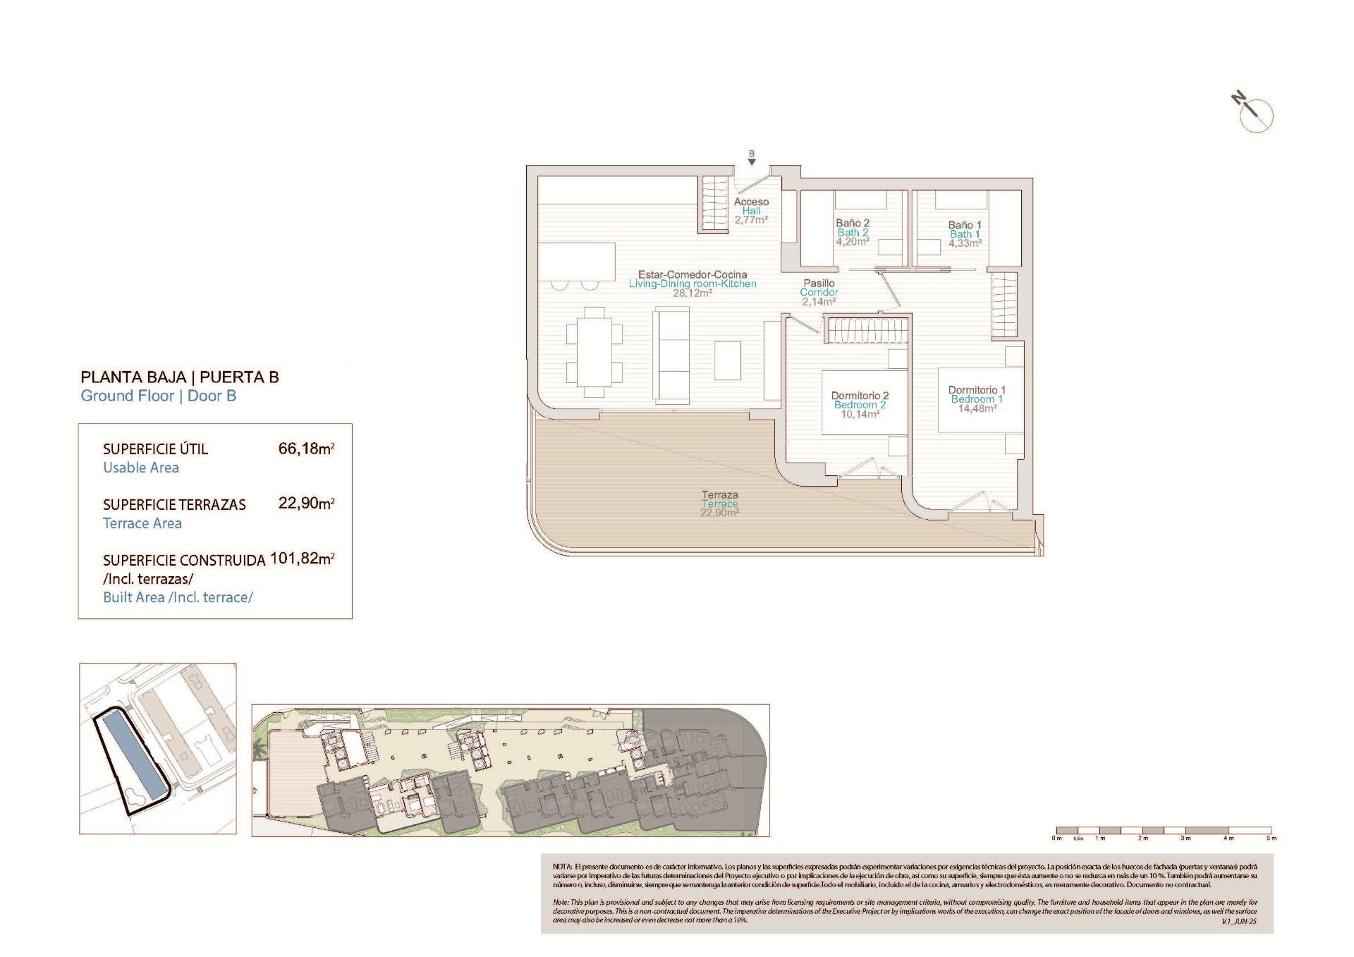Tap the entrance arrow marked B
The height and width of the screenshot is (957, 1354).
click(752, 159)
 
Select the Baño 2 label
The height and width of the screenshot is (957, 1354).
click(853, 224)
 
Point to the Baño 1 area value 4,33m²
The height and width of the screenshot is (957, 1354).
click(965, 243)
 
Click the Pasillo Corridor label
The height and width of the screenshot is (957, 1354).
click(819, 288)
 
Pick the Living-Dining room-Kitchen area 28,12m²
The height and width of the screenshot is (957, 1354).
click(692, 293)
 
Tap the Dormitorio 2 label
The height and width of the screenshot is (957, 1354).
click(860, 396)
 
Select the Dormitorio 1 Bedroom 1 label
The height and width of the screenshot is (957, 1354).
click(977, 394)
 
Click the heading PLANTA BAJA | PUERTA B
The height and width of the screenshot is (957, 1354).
click(180, 377)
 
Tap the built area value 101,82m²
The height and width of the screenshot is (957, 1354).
click(302, 559)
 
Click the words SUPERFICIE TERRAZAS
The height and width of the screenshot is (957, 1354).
click(174, 505)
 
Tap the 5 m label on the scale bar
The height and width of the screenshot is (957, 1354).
click(1271, 839)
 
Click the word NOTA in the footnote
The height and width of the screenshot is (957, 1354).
click(562, 866)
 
